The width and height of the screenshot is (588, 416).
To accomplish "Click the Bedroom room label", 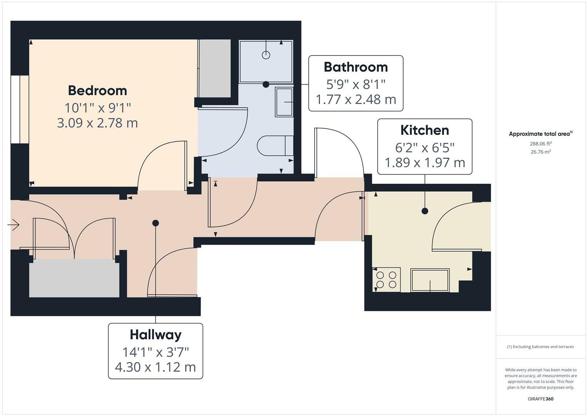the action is tap(97, 91).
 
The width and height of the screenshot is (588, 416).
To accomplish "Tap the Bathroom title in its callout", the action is tap(356, 67).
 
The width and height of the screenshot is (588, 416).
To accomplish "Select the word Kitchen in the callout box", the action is tap(425, 130).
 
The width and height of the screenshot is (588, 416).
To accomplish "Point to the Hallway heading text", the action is tap(156, 335).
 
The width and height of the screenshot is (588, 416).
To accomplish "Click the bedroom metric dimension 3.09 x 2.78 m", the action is tap(97, 123).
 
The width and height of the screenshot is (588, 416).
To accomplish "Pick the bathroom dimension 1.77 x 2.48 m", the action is tap(356, 99).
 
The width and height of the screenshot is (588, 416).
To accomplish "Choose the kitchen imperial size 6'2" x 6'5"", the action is tap(425, 148).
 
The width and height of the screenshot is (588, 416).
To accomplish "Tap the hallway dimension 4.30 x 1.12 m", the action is tap(156, 367).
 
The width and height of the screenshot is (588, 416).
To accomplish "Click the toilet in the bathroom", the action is tap(275, 146).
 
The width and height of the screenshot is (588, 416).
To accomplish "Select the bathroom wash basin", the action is tap(284, 102).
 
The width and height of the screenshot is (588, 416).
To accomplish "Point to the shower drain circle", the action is tap(266, 55).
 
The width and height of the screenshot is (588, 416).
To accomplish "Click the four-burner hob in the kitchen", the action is tap(386, 280).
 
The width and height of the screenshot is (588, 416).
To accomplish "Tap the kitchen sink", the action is tap(430, 280).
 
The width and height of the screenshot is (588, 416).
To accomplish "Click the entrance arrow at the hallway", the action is tap(13, 225).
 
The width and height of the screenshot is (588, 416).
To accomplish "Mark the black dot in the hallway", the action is tap(156, 223).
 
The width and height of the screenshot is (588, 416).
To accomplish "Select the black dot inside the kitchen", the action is tap(425, 211).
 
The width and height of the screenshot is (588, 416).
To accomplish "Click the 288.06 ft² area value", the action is tap(541, 144).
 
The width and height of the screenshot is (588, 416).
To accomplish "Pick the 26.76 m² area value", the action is tap(541, 152).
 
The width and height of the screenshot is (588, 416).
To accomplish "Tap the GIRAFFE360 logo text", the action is tap(541, 399).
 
